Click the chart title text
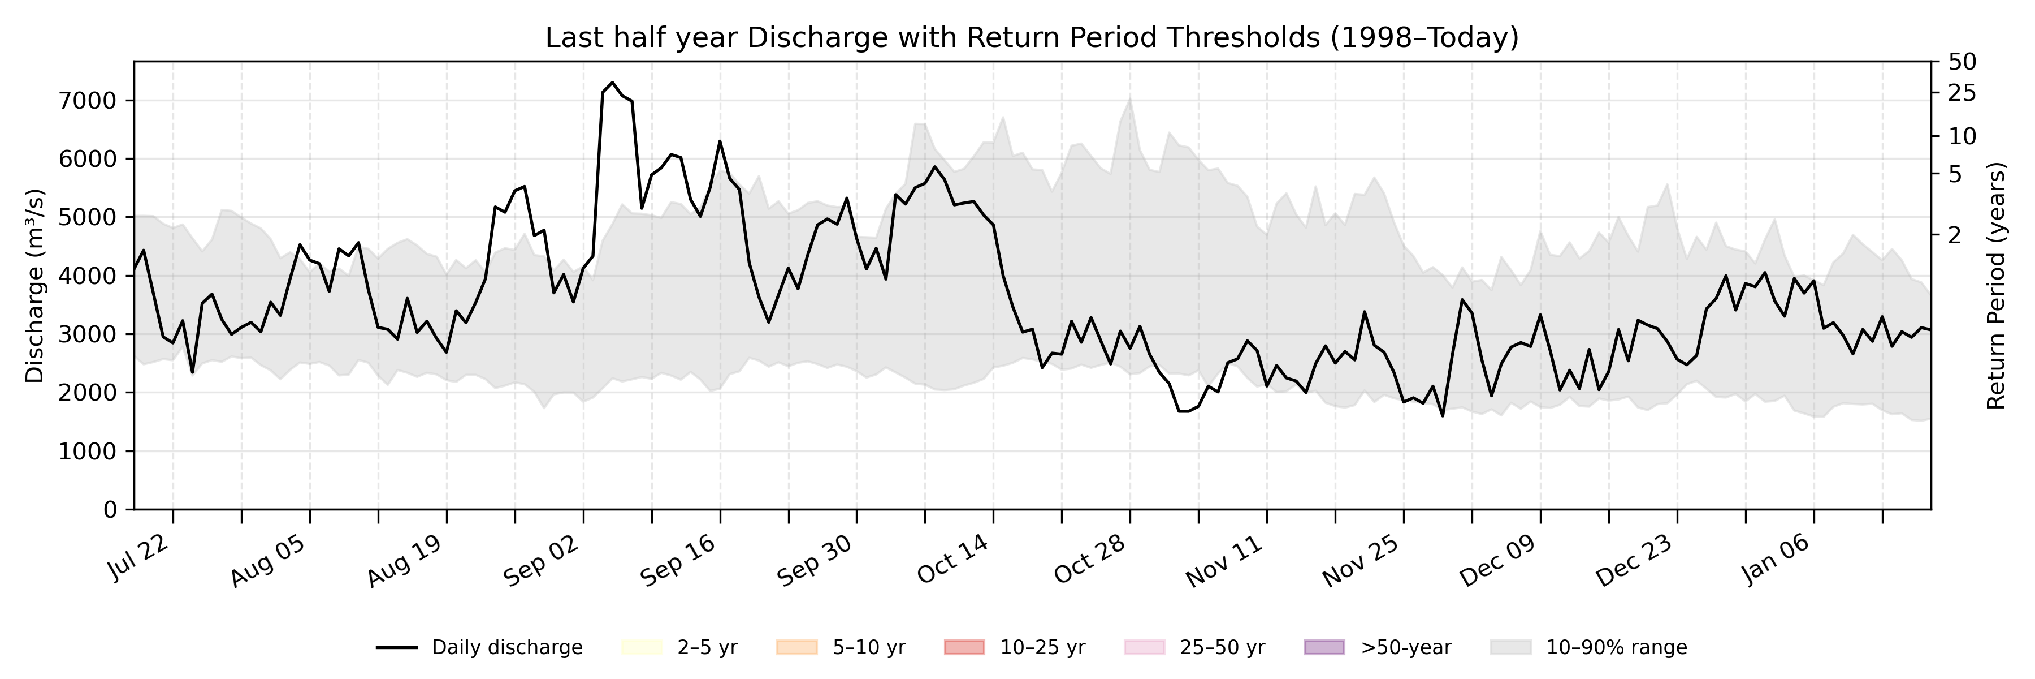point(1032,38)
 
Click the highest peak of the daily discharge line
point(612,82)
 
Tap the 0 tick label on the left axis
point(110,510)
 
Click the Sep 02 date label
point(542,561)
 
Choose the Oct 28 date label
point(1089,561)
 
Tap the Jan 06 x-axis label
point(1773,559)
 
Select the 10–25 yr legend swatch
point(964,647)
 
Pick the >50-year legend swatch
point(1324,647)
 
